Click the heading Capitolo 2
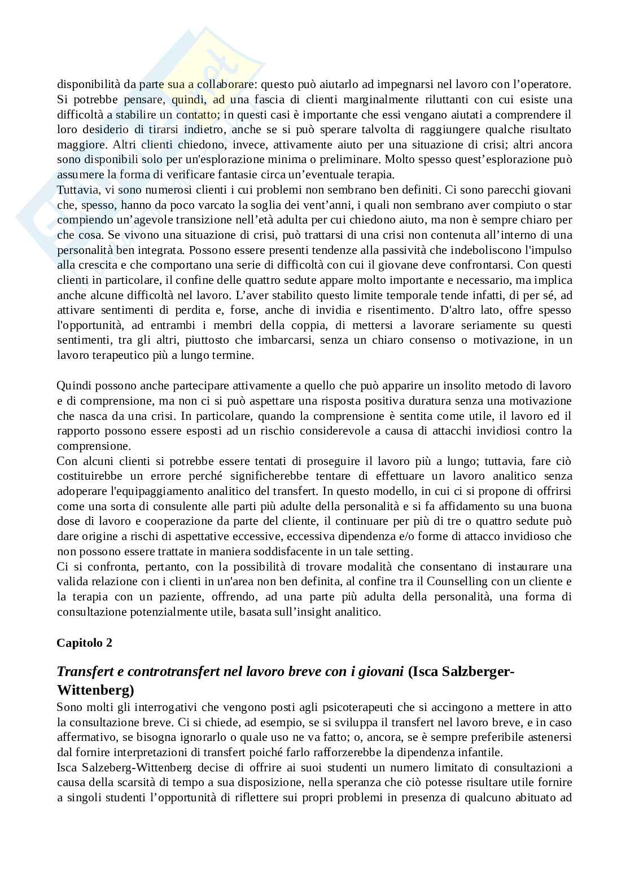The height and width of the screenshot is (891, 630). [x=84, y=643]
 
